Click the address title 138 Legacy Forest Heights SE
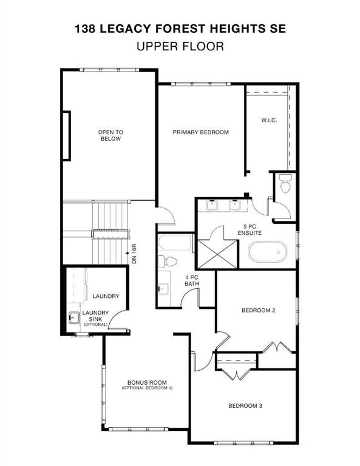pyautogui.click(x=180, y=28)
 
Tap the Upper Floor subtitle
pyautogui.click(x=180, y=45)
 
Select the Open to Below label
pyautogui.click(x=110, y=135)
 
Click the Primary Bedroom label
pyautogui.click(x=200, y=132)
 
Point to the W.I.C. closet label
pyautogui.click(x=269, y=120)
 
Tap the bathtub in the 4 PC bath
pyautogui.click(x=175, y=246)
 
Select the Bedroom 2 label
pyautogui.click(x=259, y=311)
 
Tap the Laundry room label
pyautogui.click(x=106, y=296)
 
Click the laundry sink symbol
pyautogui.click(x=75, y=317)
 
